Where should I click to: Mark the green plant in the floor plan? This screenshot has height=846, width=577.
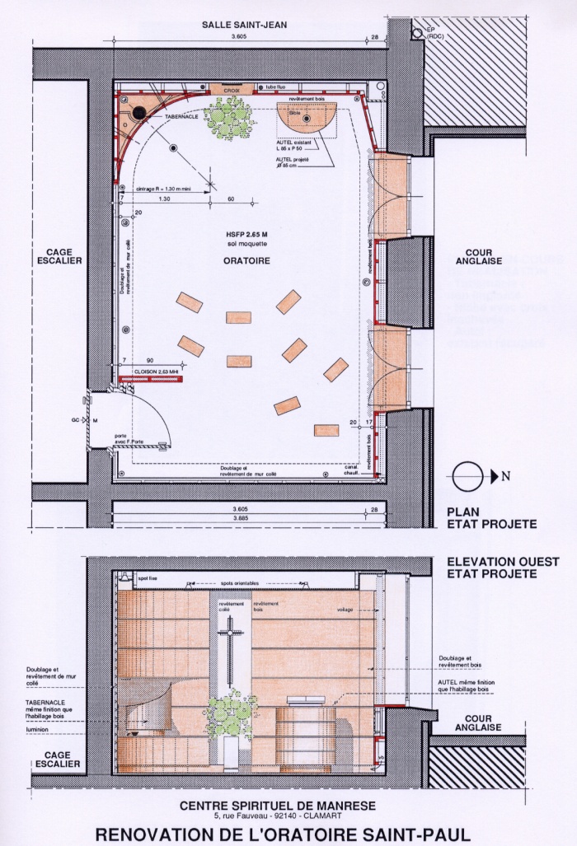[228, 115]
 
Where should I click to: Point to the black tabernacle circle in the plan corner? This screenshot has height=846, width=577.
[140, 112]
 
